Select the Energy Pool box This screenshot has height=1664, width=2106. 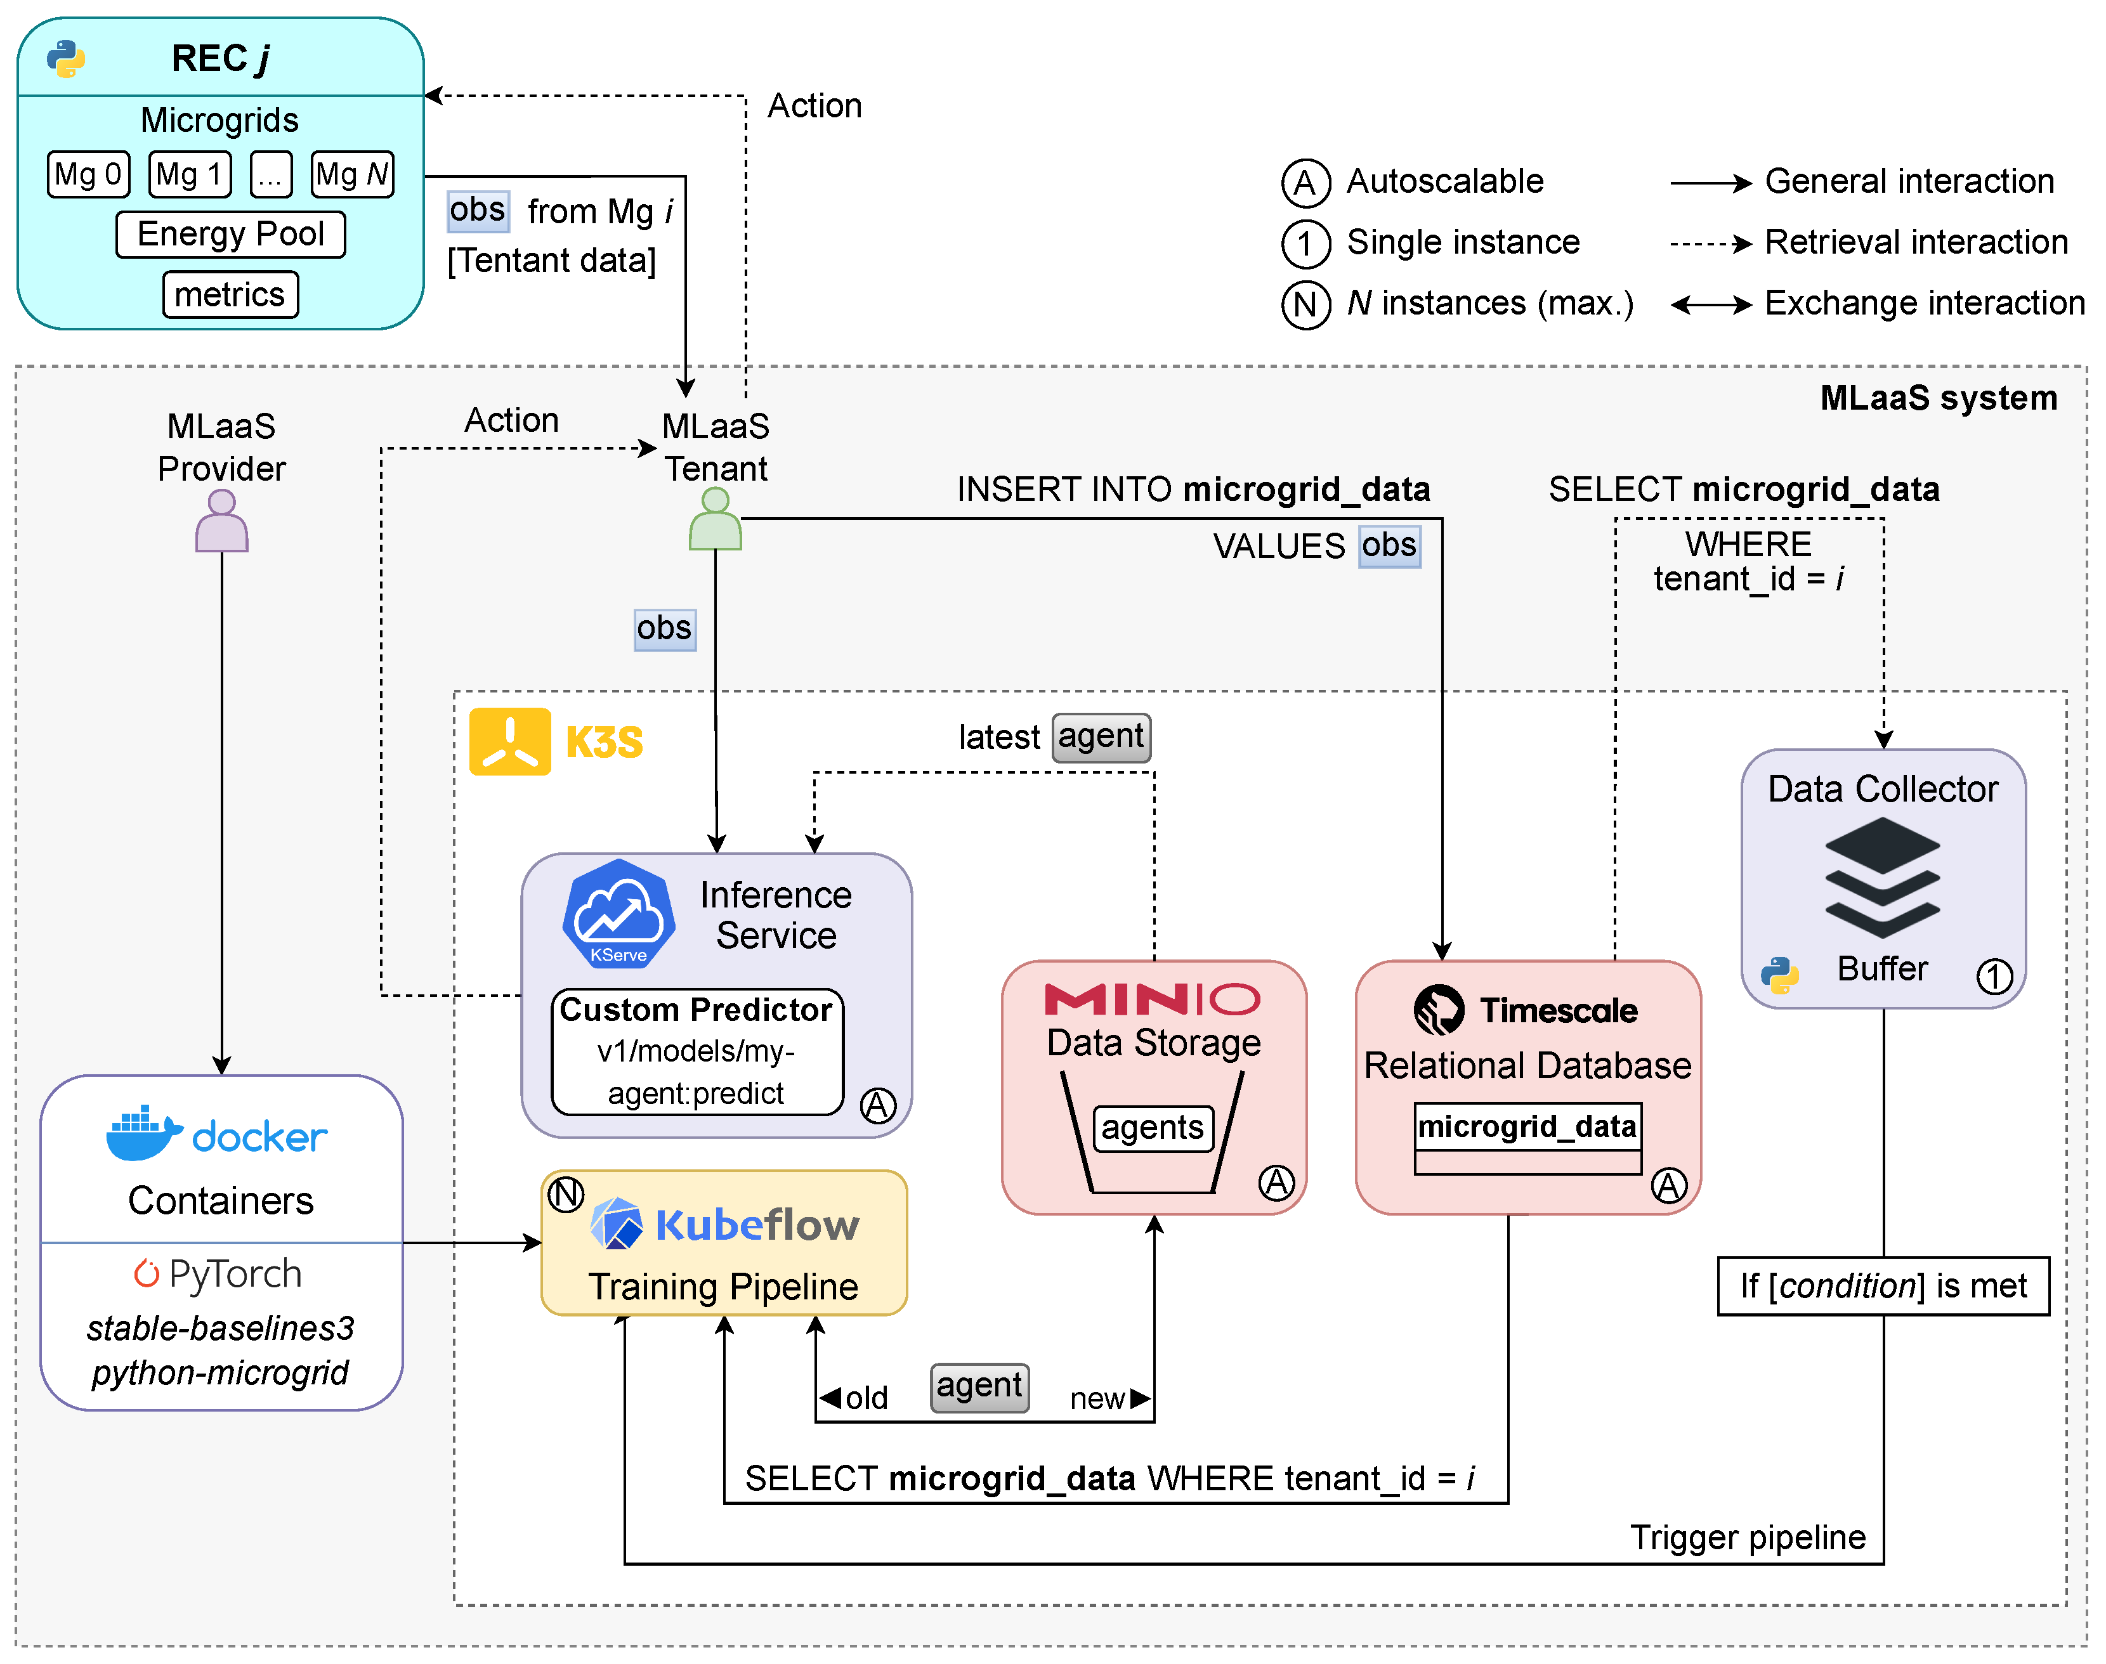pos(230,235)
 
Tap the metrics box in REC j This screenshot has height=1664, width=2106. pos(230,295)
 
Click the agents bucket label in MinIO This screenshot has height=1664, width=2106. pos(1153,1128)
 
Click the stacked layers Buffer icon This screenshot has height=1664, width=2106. pos(1882,877)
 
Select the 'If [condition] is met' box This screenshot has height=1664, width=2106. pos(1883,1286)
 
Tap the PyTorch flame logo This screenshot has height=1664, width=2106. pos(146,1273)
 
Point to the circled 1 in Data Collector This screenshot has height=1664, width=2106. pos(1994,976)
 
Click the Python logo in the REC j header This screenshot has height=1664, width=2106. pos(66,58)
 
